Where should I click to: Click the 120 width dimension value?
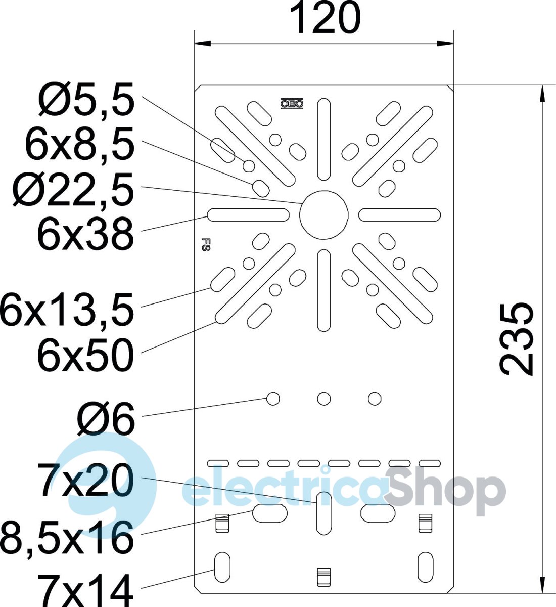326,18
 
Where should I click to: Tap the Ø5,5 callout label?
86,99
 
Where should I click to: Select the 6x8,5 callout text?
80,144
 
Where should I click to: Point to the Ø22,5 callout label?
73,190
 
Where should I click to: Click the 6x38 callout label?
85,235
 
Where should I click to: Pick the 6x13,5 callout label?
67,310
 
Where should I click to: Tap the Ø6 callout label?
106,418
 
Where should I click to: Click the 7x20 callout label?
85,481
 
